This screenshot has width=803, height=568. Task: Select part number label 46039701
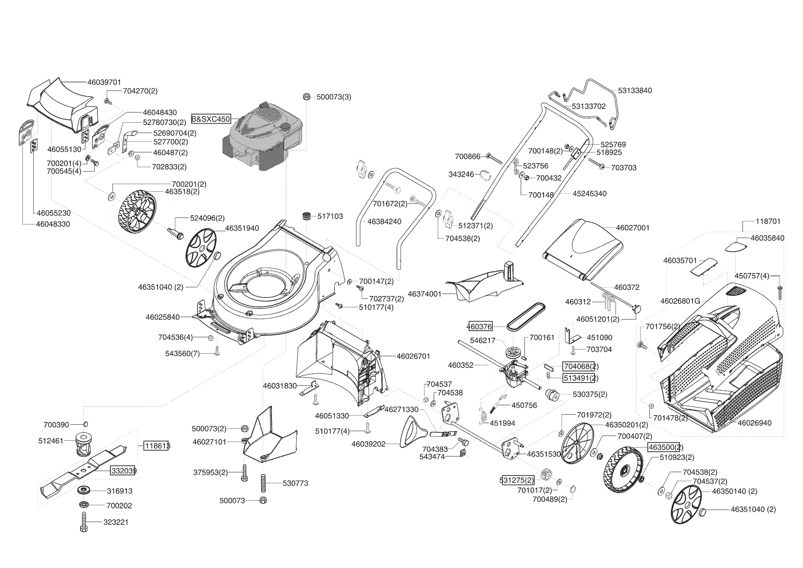[104, 82]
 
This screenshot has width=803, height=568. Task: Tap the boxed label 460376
[479, 326]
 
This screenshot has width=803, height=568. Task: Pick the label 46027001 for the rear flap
[633, 228]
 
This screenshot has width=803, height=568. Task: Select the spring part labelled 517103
[306, 216]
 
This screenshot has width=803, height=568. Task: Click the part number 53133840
[635, 90]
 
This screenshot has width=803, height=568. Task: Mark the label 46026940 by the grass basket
[754, 423]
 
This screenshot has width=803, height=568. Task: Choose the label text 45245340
[589, 194]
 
